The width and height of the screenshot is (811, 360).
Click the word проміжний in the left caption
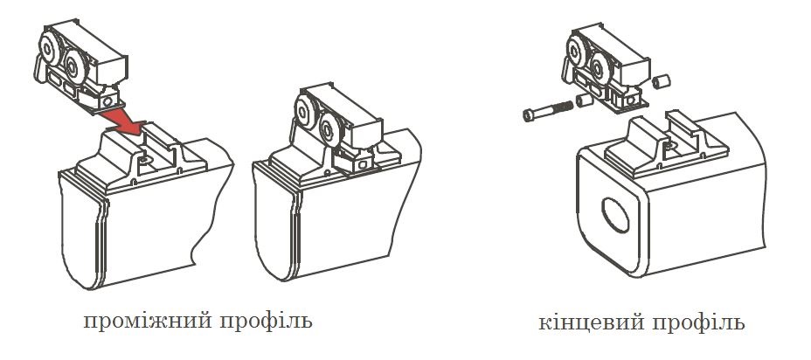click(x=148, y=322)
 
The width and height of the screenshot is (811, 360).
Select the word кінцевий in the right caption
click(x=591, y=322)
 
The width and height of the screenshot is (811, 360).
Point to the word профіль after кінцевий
click(x=698, y=322)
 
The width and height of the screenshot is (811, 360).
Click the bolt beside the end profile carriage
click(x=548, y=111)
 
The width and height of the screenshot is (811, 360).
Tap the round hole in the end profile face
click(x=615, y=215)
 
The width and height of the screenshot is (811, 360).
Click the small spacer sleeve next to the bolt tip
click(x=584, y=100)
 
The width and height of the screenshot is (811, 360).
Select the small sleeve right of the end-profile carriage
click(x=661, y=82)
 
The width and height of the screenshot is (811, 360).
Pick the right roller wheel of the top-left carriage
click(x=75, y=66)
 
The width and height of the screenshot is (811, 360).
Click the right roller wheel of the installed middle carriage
click(x=329, y=129)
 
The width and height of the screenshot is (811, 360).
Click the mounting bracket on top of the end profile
click(x=666, y=142)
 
